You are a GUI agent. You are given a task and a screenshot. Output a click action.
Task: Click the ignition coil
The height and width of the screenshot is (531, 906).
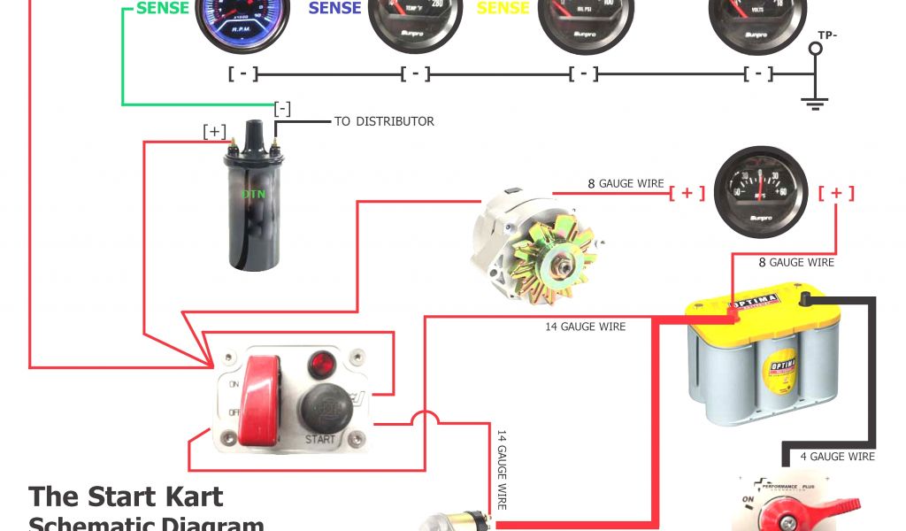coord(253,208)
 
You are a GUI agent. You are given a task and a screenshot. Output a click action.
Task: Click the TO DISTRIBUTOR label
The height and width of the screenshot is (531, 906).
coord(384,121)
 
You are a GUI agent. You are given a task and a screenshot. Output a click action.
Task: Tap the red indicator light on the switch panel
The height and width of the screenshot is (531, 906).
coord(320,363)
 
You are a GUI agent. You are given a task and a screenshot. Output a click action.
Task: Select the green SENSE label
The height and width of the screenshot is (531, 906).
coord(163,8)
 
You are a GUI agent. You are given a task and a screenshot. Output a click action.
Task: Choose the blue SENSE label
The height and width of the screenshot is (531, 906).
coord(335,8)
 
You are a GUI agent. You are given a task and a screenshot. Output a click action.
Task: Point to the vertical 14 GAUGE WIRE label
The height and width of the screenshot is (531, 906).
coord(501,469)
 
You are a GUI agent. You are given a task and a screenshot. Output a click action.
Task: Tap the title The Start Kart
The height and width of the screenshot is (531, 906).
coord(126,496)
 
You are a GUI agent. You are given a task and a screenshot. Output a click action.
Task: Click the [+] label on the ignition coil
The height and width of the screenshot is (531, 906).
coord(215,132)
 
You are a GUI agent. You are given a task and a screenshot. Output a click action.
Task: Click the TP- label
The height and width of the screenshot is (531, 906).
coord(827,35)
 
